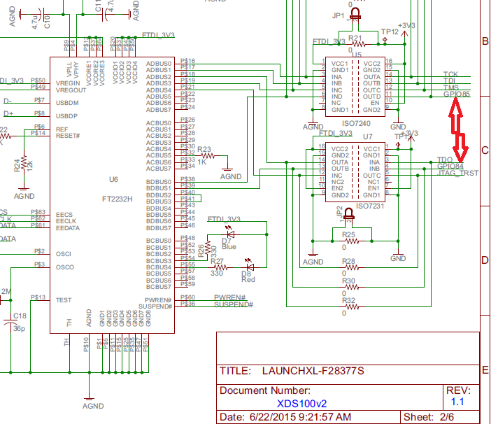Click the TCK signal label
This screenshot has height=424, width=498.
click(x=450, y=73)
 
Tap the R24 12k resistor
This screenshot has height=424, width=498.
click(x=24, y=169)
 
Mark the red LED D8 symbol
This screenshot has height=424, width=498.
click(x=249, y=266)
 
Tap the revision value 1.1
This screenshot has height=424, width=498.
click(x=457, y=402)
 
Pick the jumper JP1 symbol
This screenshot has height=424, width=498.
click(x=356, y=13)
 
